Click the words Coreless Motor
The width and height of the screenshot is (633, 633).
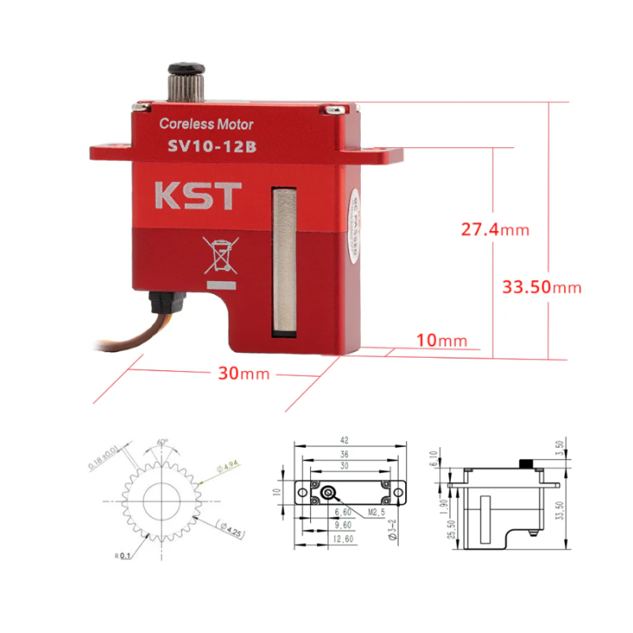click(207, 123)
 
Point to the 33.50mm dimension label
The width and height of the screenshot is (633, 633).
click(542, 287)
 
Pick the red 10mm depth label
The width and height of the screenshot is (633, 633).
click(442, 340)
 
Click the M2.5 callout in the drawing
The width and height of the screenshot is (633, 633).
click(376, 512)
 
